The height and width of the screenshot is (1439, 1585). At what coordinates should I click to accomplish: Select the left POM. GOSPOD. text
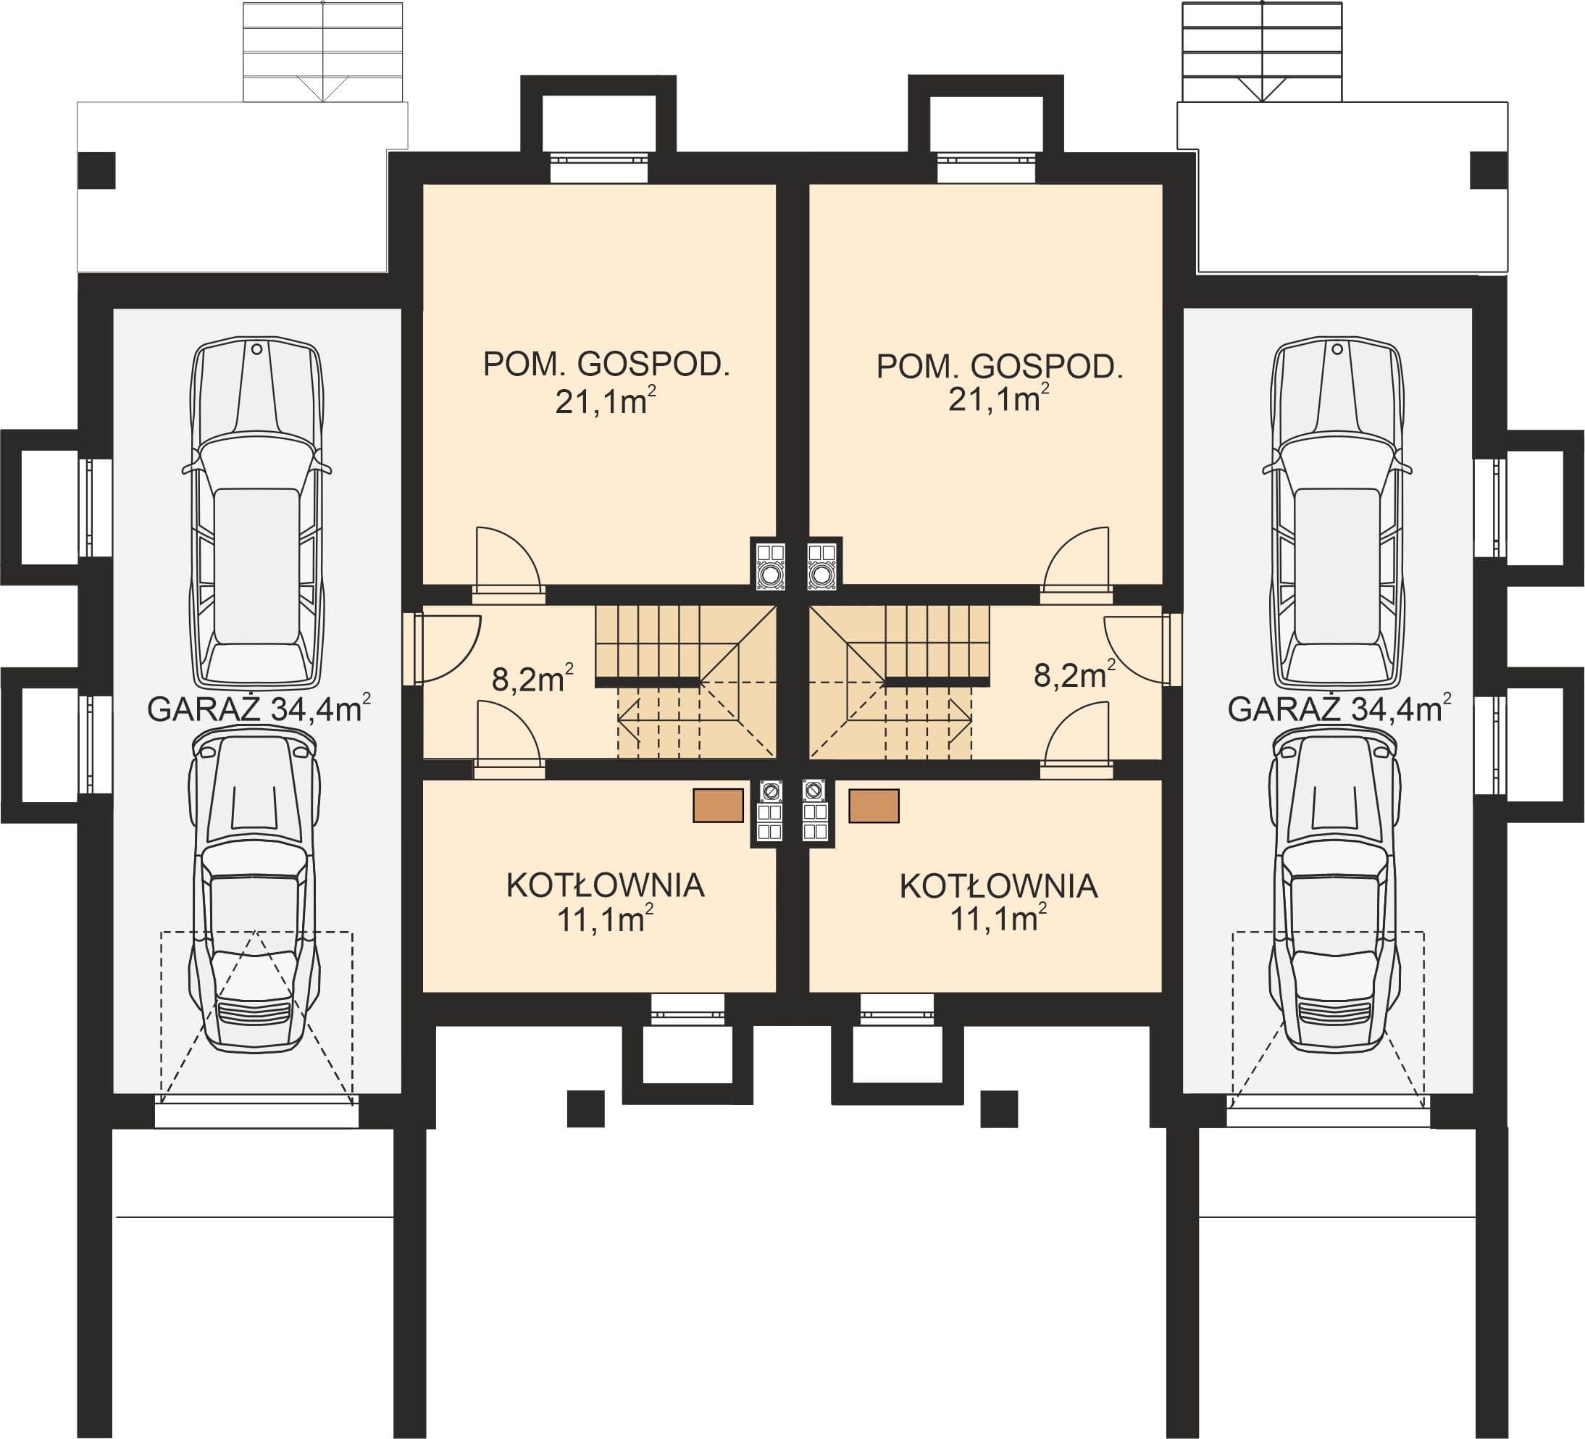[x=606, y=365]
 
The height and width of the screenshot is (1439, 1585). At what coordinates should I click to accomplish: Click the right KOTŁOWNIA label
[x=998, y=886]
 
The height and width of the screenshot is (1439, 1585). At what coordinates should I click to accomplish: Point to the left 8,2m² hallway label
[x=532, y=677]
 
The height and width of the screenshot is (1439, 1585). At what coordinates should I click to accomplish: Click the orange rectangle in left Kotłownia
[x=718, y=805]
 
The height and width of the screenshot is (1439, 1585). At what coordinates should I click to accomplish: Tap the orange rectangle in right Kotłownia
[x=874, y=805]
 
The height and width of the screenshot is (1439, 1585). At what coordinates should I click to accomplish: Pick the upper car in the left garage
[x=257, y=513]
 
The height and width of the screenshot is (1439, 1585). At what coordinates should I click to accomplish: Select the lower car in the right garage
[x=1335, y=888]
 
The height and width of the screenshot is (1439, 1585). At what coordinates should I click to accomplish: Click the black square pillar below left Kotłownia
[x=586, y=1108]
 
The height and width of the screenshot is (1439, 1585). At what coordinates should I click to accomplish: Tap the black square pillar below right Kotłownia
[x=999, y=1108]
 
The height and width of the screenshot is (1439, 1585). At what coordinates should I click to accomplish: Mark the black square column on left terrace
[x=96, y=170]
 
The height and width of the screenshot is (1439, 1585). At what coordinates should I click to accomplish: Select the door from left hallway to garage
[x=445, y=648]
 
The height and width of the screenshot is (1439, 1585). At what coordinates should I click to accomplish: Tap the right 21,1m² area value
[x=998, y=399]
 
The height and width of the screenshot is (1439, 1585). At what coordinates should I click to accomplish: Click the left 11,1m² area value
[x=606, y=919]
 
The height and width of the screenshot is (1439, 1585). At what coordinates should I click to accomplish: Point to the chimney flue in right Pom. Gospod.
[x=823, y=564]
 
